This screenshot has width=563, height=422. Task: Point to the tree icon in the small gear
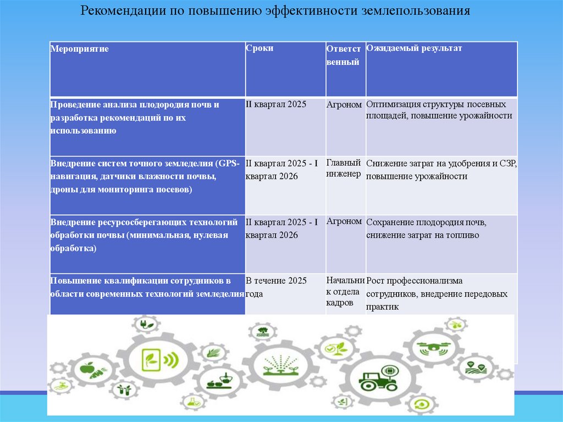coord(261,331)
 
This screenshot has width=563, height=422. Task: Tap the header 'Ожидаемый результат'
coord(414,48)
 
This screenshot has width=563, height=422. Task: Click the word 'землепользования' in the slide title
coord(421,10)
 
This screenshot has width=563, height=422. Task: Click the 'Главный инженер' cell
coord(344,168)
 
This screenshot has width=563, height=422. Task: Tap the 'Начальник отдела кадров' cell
coord(345,291)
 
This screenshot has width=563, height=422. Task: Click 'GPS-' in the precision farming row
coord(229,163)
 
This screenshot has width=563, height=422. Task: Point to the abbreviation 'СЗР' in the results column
coord(509,164)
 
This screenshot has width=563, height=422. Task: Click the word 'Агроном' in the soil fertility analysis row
coord(344,103)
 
